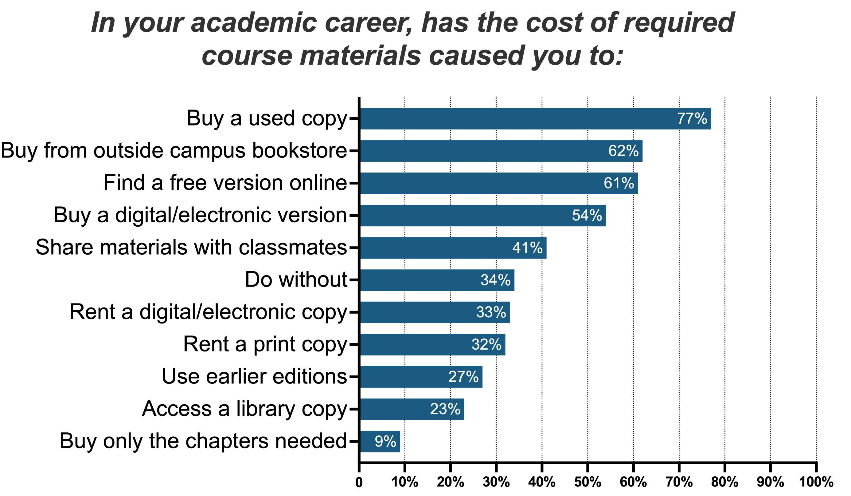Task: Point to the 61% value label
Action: coord(619,183)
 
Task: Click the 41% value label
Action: coord(527,248)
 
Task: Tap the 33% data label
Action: coord(491,312)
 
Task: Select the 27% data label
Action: coord(463,377)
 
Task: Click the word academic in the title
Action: coord(254,23)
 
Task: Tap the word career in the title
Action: coord(369,23)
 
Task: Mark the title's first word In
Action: coord(103,23)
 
